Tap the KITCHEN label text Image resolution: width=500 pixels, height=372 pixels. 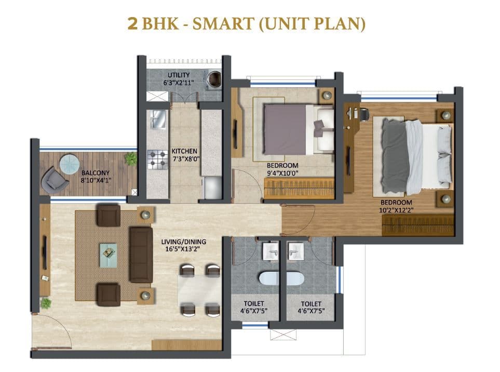click(184, 151)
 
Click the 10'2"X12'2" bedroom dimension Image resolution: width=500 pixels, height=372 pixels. click(396, 209)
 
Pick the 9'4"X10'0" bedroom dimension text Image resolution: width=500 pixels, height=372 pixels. click(282, 173)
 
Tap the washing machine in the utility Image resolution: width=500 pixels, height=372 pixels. click(213, 79)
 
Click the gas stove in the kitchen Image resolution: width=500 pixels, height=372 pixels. click(156, 159)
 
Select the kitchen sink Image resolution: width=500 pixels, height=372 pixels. click(156, 121)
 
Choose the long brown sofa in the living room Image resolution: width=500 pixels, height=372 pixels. click(141, 254)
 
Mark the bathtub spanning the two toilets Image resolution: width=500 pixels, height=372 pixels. click(281, 278)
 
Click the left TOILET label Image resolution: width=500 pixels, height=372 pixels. click(254, 303)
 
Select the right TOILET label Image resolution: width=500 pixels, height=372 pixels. click(310, 303)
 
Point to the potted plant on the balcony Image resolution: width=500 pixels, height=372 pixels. click(131, 159)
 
